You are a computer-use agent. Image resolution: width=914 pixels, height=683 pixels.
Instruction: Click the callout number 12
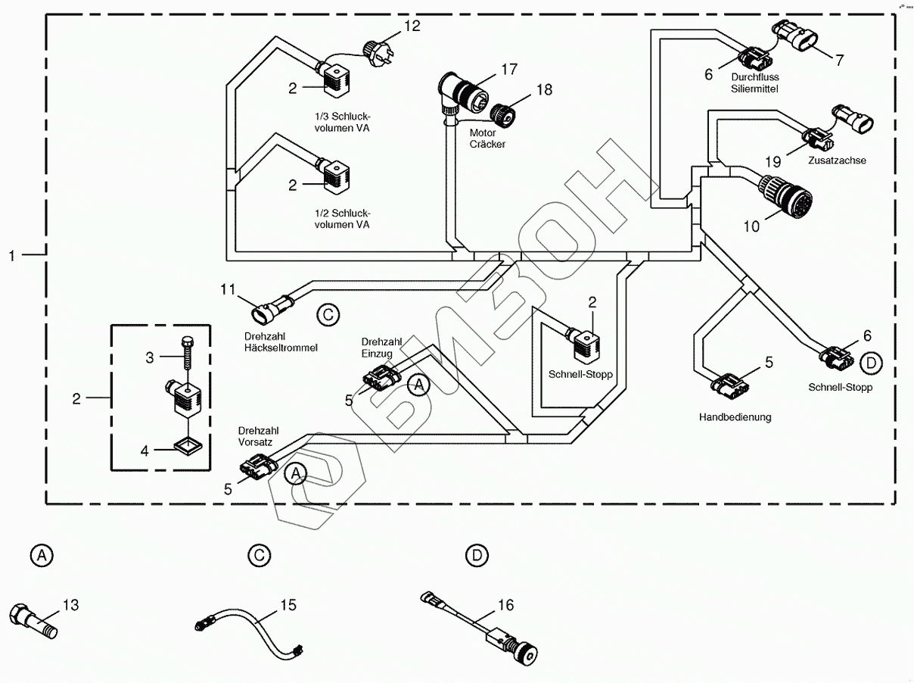[x=411, y=27]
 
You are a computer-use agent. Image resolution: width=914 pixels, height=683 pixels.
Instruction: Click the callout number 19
[x=772, y=161]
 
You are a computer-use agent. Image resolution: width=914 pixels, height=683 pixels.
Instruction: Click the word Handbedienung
[x=735, y=416]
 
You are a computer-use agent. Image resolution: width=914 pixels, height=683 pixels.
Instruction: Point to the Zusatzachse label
[x=836, y=161]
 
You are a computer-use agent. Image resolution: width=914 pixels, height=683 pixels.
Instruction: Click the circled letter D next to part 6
[x=871, y=363]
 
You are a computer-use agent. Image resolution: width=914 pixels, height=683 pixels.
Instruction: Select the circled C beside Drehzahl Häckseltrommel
[x=327, y=314]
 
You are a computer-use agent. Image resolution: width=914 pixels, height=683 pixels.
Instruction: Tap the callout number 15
[x=288, y=605]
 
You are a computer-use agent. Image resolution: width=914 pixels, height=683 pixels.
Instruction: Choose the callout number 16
[x=506, y=605]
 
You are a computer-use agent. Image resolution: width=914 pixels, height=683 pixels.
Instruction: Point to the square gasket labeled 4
[x=186, y=445]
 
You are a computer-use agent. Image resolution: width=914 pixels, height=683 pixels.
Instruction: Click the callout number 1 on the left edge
[x=12, y=256]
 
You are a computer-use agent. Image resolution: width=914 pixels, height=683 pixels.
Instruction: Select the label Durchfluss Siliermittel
[x=754, y=83]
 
